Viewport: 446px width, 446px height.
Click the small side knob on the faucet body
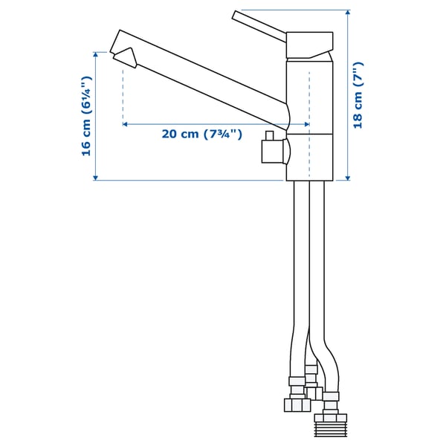[x=272, y=152]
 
